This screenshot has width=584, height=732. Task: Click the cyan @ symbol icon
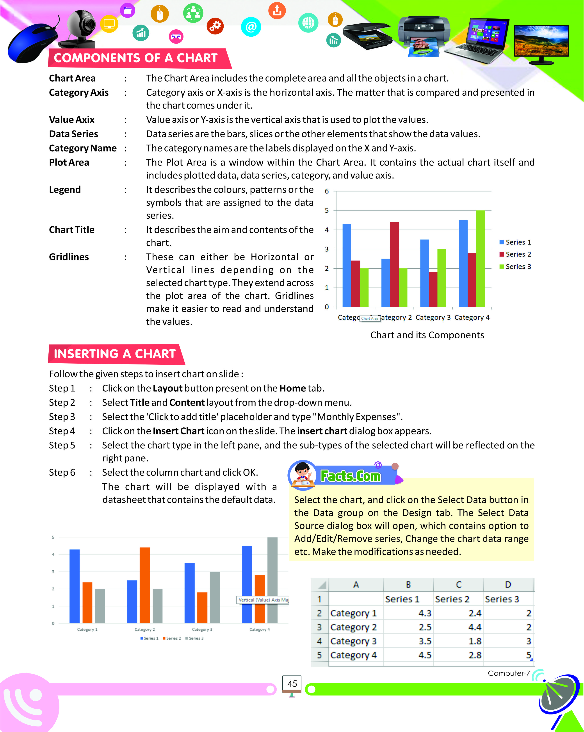coord(251,27)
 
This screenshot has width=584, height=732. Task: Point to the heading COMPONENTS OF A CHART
coord(135,58)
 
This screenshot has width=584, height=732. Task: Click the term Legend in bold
coord(65,189)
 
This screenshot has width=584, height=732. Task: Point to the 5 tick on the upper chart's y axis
coord(327,211)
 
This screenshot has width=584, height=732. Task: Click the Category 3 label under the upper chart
coord(433,318)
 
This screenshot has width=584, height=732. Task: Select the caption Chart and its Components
coord(427,335)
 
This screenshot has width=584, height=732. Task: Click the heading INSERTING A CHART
coord(115,354)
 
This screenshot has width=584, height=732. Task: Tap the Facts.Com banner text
coord(351,476)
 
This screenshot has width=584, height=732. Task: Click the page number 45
coord(292,684)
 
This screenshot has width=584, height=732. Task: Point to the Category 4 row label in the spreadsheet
coord(354,655)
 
